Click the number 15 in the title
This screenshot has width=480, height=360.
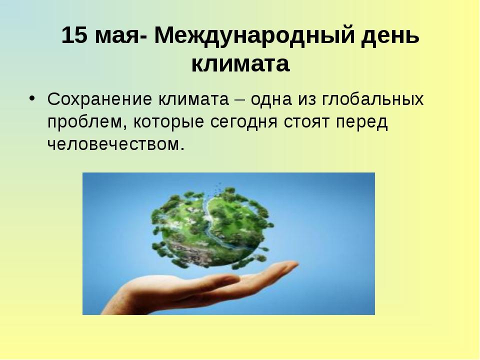tap(74, 35)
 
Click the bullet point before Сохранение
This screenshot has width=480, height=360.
tap(32, 98)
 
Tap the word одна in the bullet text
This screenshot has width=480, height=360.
tap(271, 100)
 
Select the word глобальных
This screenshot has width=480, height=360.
tap(373, 99)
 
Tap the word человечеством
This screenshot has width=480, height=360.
tap(116, 144)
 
